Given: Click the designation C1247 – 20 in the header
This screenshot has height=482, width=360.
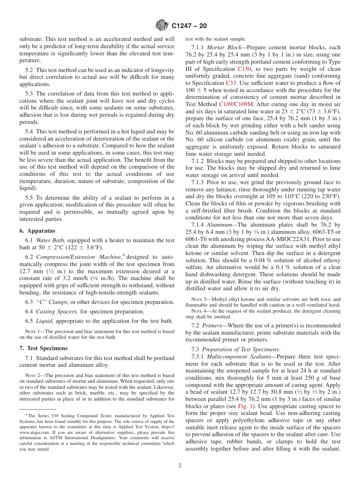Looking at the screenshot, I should [x=189, y=26].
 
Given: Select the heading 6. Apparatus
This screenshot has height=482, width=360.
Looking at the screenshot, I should [x=37, y=231].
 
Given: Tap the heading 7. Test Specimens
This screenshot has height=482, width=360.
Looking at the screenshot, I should [x=44, y=348].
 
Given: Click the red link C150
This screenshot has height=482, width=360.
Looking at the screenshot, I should [x=244, y=69].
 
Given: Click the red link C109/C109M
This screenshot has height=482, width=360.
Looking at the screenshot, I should [x=237, y=104].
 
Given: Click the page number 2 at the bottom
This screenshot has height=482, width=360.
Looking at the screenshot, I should [x=180, y=466].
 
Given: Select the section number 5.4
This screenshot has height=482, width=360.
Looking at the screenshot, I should [x=30, y=131].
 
